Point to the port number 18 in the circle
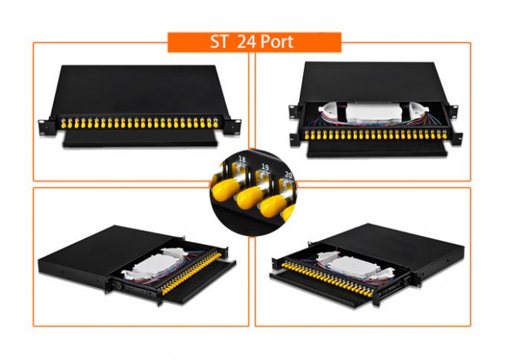[x=241, y=159]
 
